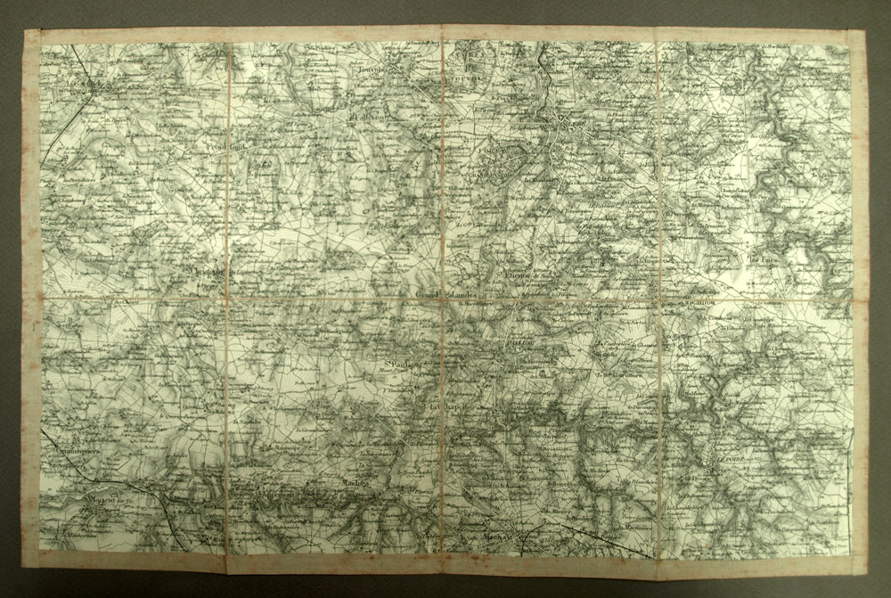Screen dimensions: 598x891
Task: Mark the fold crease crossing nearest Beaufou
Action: (658, 299)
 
